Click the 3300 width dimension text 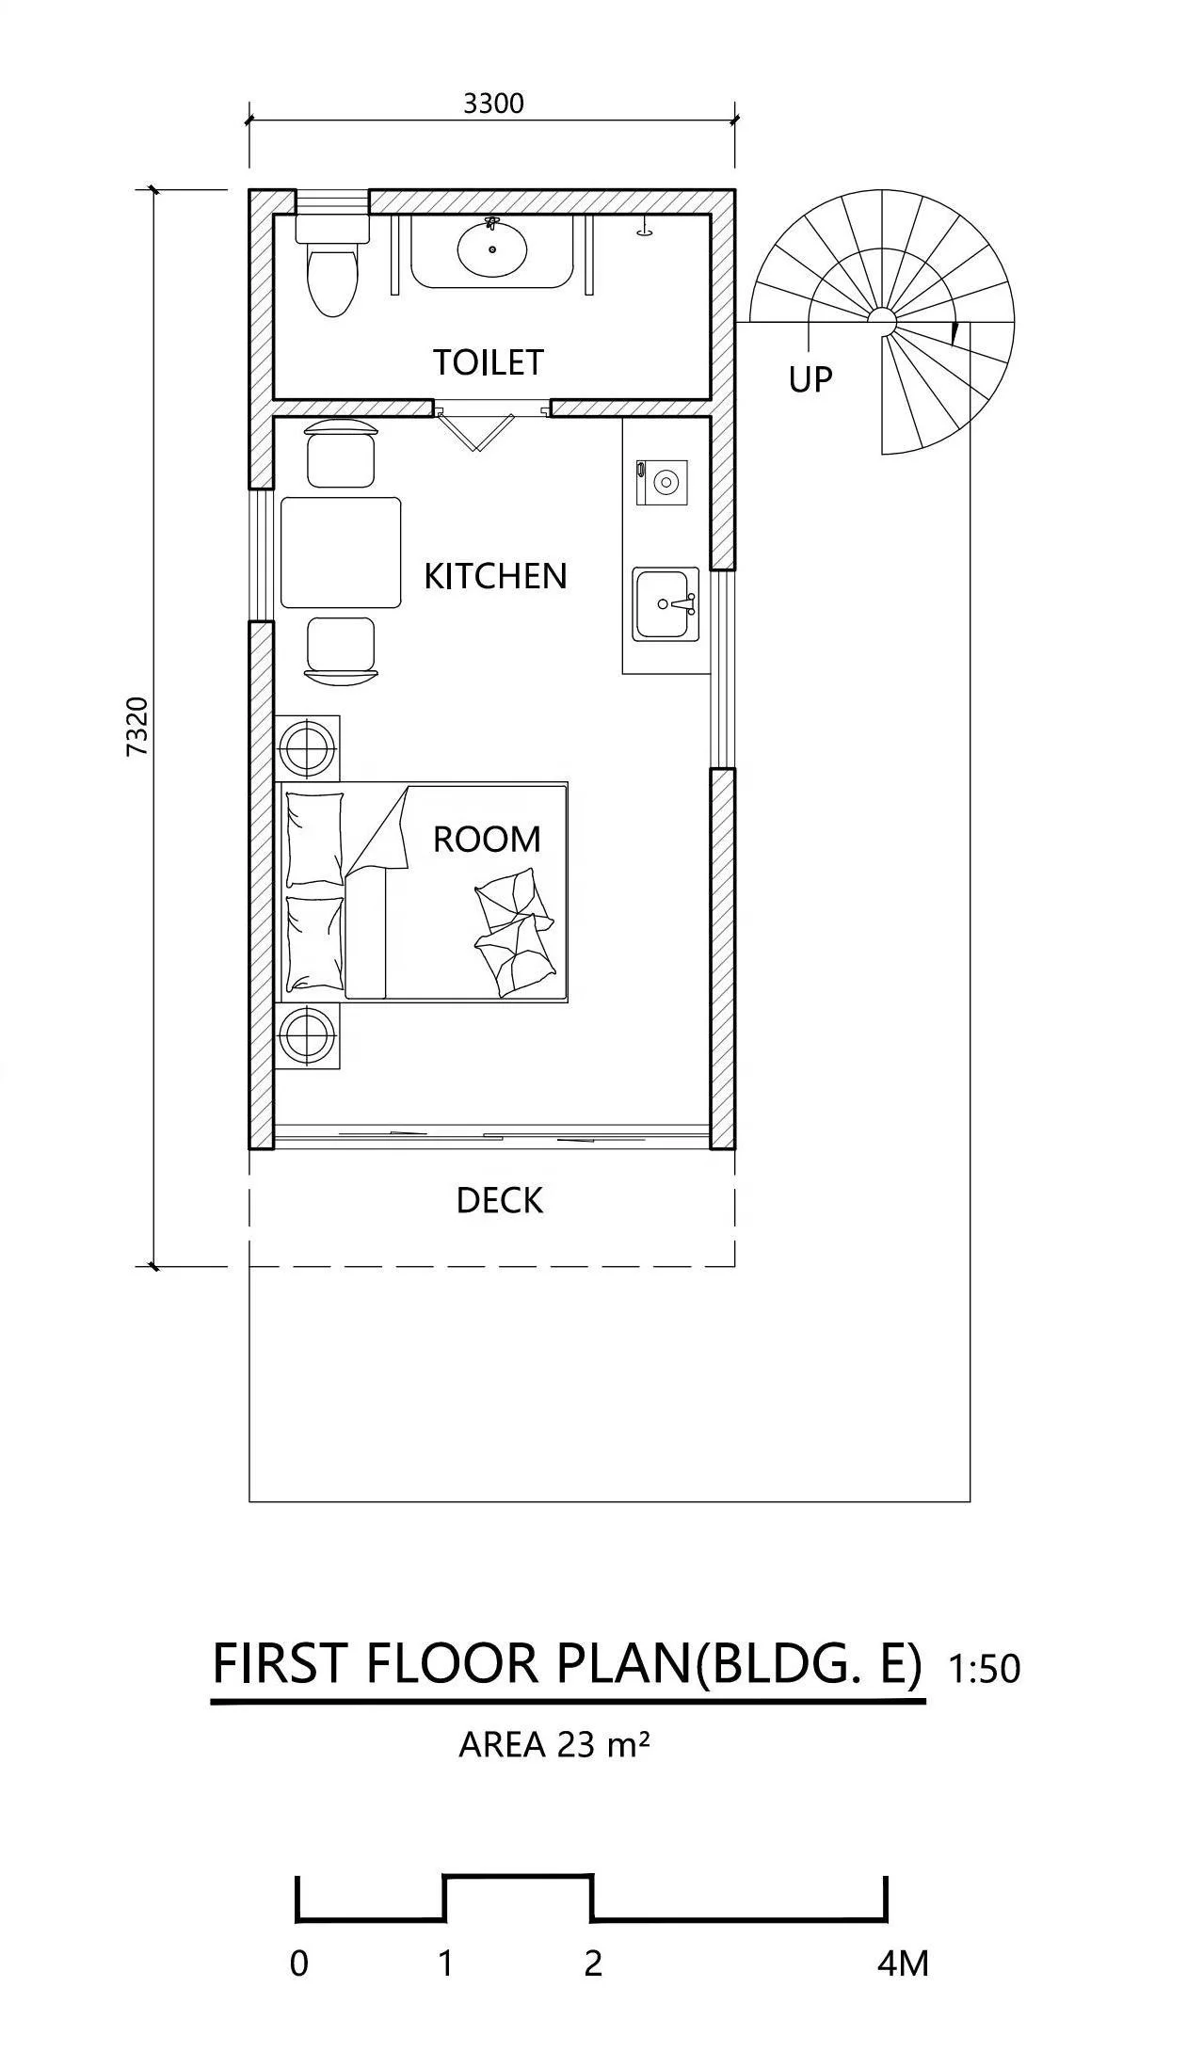click(492, 103)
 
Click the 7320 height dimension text click(137, 726)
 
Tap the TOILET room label click(488, 362)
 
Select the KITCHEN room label click(495, 576)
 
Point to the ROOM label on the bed click(487, 839)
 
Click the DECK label click(499, 1201)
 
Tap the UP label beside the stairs click(810, 379)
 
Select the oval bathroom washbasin click(491, 249)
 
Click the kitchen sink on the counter click(665, 604)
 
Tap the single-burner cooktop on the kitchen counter click(663, 483)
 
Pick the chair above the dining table click(341, 454)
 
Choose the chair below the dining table click(341, 648)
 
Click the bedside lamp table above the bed click(307, 747)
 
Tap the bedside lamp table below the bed click(307, 1035)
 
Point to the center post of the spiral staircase click(882, 321)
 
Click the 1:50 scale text click(984, 1669)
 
